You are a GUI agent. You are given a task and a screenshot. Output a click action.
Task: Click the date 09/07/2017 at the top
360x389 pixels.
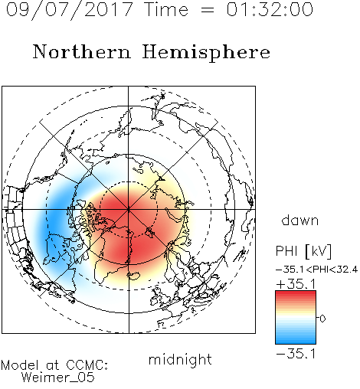point(70,10)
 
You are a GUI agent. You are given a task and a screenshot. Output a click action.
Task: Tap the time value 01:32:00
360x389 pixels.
point(270,9)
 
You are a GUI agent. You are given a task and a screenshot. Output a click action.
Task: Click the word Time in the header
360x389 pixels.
point(166,9)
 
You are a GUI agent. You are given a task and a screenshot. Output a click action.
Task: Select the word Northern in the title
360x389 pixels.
point(82,52)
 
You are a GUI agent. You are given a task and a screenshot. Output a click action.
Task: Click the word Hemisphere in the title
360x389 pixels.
point(206,53)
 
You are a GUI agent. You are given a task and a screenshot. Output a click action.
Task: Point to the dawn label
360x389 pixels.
point(300,220)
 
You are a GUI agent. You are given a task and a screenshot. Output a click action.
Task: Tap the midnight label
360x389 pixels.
point(180,359)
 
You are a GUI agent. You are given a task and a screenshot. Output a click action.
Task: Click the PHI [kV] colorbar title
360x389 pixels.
point(303,251)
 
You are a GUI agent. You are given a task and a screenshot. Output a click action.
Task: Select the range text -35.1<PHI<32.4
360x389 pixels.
point(316,270)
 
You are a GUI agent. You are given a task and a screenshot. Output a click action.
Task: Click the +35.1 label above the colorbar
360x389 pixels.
point(296,284)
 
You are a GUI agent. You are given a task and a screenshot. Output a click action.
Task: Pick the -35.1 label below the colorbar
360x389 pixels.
point(296,354)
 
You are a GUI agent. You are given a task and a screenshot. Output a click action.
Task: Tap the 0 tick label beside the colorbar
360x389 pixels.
point(322,319)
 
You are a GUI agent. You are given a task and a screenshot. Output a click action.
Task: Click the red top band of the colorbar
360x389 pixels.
point(296,294)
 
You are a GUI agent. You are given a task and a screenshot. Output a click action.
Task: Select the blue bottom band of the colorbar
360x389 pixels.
point(296,340)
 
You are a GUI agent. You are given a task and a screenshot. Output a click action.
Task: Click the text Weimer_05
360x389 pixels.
point(58,378)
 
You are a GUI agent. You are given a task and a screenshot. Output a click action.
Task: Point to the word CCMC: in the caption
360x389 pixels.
point(87,365)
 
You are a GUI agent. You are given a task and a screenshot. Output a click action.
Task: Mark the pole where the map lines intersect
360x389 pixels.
point(129,209)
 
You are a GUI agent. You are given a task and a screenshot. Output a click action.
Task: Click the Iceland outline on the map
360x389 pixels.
point(133,276)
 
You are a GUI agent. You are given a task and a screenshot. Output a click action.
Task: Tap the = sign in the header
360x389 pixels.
point(208,11)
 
